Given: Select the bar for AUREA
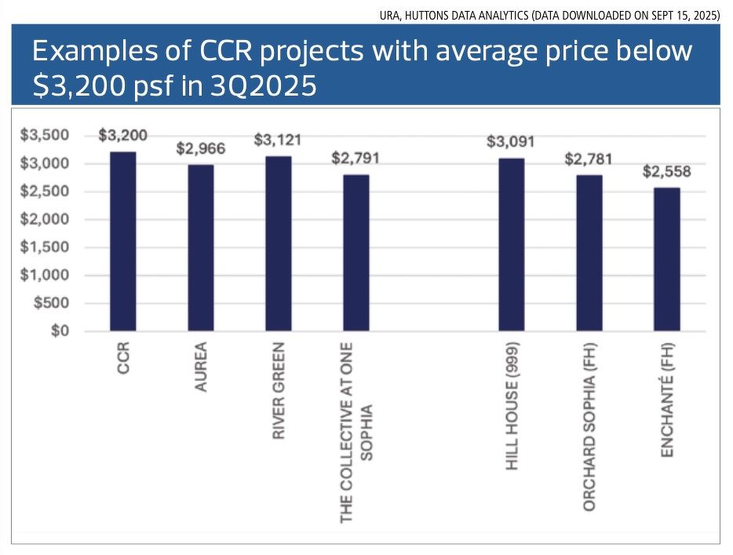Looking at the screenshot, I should (x=200, y=248).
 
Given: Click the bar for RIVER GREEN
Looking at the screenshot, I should (x=278, y=244).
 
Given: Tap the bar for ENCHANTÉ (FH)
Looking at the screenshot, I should (x=666, y=259).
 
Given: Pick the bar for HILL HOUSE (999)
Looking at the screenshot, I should (x=511, y=245).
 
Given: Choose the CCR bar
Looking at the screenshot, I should (x=122, y=241).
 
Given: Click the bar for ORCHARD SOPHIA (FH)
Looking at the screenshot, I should (x=589, y=253).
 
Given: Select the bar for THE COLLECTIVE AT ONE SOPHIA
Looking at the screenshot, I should (x=356, y=252).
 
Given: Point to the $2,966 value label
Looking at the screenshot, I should (x=200, y=148).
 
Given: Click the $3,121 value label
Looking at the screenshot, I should (x=278, y=140).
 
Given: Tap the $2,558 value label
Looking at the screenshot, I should (x=666, y=172).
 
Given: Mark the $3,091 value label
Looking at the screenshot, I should (x=511, y=142).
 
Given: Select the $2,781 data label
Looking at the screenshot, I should (x=589, y=159).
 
